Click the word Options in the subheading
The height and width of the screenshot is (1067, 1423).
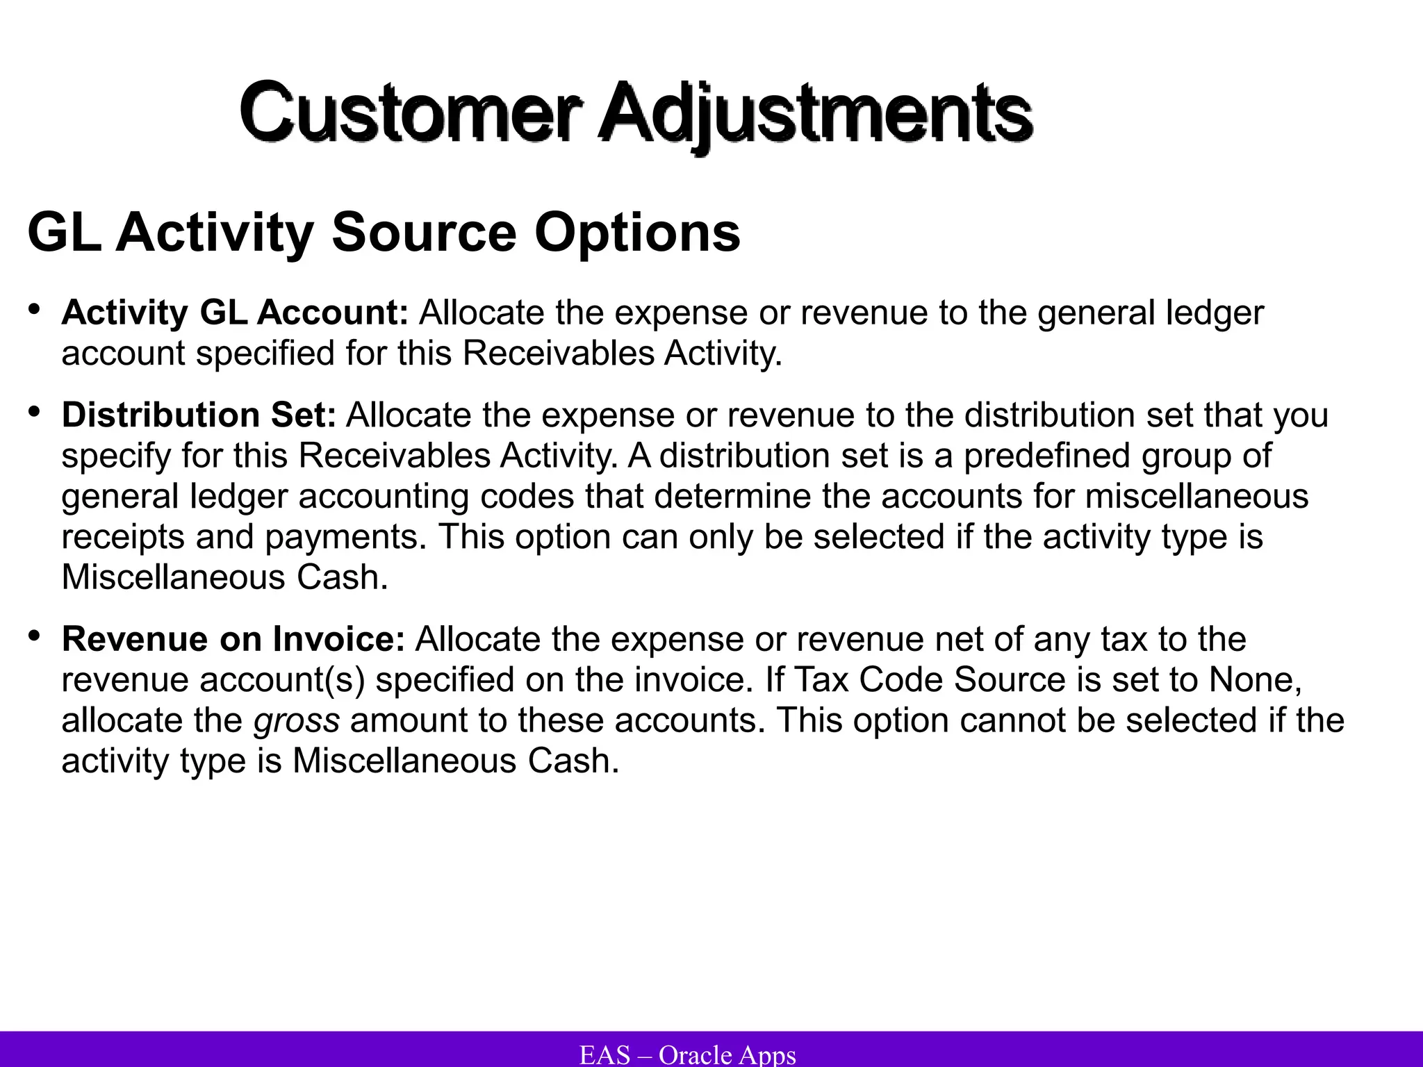pos(636,233)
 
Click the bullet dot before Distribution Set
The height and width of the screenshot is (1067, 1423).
pos(34,411)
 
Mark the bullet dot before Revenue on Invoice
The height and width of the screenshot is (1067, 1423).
pos(34,636)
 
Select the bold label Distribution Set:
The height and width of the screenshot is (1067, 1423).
pos(199,415)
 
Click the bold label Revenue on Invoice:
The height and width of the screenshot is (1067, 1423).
pos(233,639)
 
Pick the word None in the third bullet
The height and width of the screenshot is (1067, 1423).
pos(1255,680)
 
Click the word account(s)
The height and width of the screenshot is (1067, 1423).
pos(282,680)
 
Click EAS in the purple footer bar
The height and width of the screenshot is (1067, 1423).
pos(604,1054)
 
